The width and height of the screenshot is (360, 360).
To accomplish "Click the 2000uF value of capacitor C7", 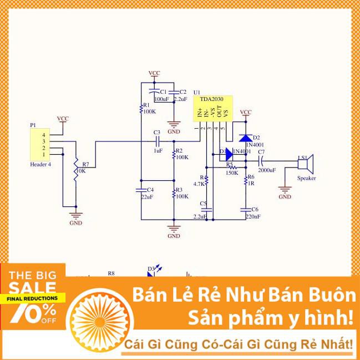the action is click(266, 170).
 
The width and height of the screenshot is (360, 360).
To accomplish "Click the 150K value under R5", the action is click(232, 173).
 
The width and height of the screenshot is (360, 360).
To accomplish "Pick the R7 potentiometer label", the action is click(85, 164).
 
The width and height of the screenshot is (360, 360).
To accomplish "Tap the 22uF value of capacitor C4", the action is click(147, 197).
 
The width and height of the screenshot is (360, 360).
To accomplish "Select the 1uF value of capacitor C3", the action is click(158, 150).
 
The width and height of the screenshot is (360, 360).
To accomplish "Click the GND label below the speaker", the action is click(285, 196).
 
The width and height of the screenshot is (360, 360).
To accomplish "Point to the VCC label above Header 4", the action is click(63, 118).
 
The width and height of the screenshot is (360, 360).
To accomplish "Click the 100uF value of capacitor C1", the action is click(161, 99).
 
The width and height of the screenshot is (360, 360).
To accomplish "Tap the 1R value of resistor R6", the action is click(251, 184).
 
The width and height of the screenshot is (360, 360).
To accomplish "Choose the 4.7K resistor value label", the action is click(199, 184).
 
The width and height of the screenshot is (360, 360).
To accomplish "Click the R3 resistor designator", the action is click(179, 190).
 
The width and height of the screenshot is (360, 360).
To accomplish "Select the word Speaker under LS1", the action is click(307, 178).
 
